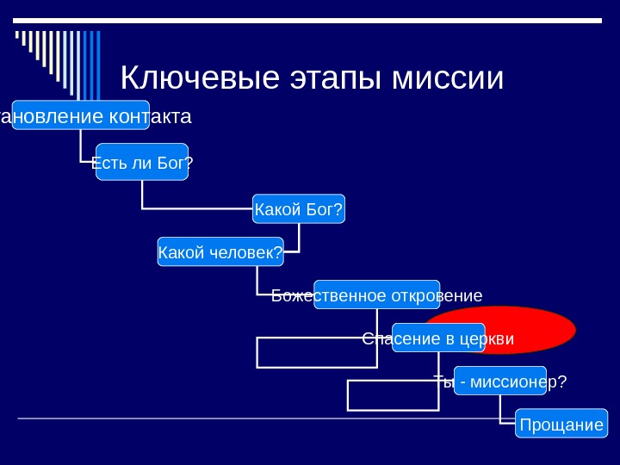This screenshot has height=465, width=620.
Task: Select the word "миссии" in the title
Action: coord(447,78)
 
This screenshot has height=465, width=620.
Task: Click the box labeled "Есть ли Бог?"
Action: coord(142,162)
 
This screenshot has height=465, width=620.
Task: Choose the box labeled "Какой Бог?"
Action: coord(299,208)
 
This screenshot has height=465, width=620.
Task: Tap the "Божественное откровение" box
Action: coord(376,294)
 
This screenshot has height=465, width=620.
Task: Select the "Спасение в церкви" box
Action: coord(438,338)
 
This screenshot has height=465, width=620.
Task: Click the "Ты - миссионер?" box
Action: coord(500,381)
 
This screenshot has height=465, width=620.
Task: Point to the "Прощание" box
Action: coord(561,424)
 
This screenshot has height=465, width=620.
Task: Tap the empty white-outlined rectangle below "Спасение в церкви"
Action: coord(392,395)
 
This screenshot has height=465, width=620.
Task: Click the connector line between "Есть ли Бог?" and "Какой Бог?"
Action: coord(197,208)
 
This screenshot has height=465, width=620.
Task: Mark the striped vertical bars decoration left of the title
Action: coord(59,60)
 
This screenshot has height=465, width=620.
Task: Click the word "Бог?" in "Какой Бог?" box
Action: coord(325,208)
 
